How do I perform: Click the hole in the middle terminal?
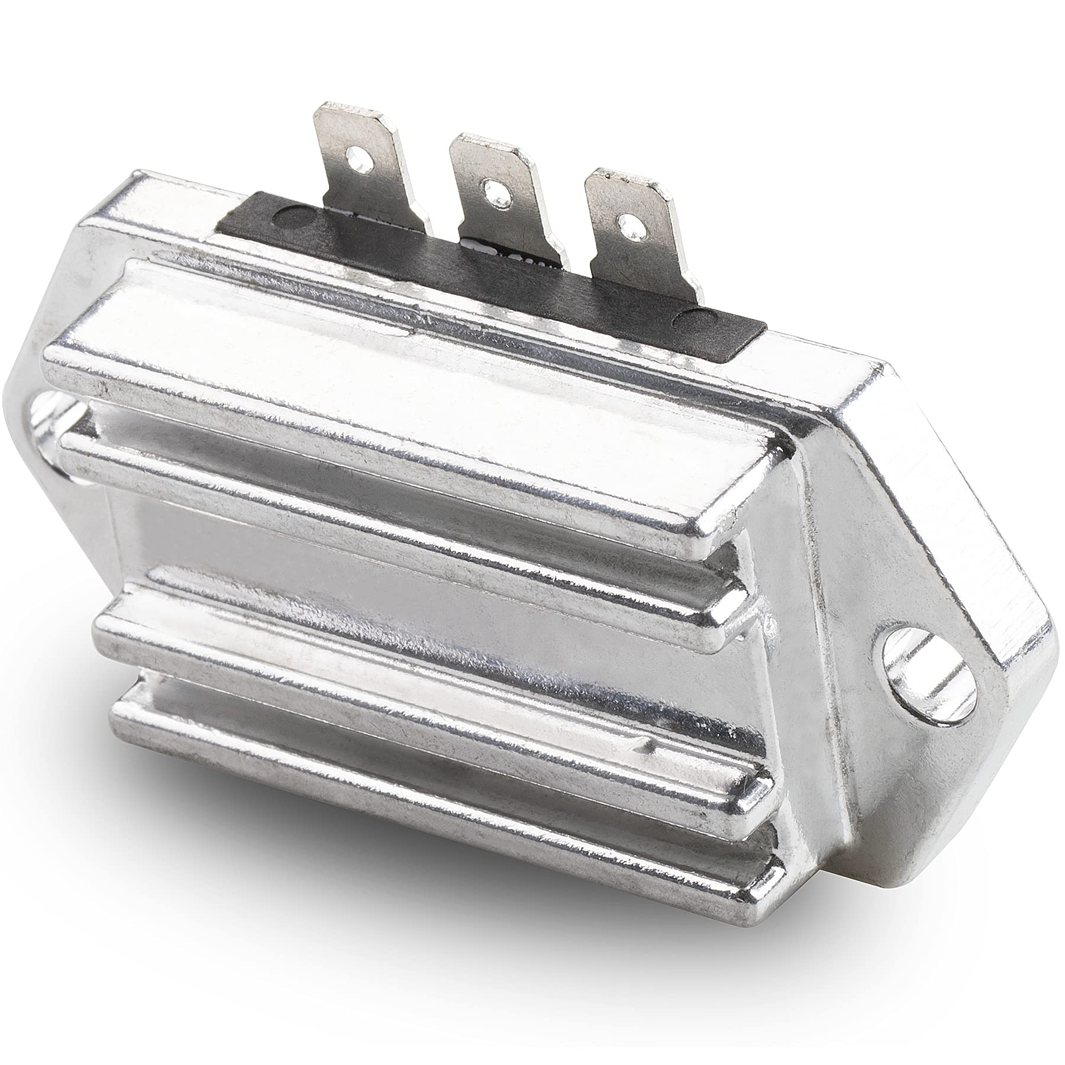tap(490, 188)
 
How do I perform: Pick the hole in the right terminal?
tap(623, 223)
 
